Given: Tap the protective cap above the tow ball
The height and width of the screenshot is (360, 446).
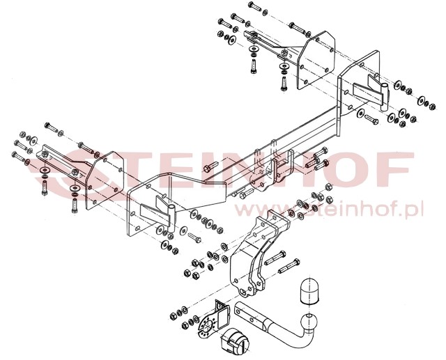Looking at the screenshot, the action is [x=309, y=291].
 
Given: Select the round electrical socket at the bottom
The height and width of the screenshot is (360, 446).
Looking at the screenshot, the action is [x=235, y=341].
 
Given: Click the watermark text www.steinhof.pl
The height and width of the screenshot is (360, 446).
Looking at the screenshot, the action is [x=328, y=210].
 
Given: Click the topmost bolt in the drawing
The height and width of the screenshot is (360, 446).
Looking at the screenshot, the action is [x=254, y=6].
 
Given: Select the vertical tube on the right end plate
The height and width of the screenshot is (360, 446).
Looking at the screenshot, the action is [x=384, y=97].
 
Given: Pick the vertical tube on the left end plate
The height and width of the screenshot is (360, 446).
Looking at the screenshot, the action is [x=172, y=218].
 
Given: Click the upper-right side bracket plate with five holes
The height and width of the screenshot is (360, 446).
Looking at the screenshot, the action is [x=316, y=61].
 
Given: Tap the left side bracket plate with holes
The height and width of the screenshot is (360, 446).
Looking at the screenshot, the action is [x=105, y=180].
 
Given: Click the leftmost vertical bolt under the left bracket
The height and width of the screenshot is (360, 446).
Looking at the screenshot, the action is [x=44, y=188].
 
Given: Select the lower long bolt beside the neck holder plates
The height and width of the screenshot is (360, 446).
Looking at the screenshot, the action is [x=289, y=266].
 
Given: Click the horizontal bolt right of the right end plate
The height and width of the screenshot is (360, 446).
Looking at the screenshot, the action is [x=371, y=119].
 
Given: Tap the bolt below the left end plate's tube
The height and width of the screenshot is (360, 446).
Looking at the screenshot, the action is [x=194, y=237].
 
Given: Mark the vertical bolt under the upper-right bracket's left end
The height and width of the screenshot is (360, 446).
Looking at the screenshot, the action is [x=254, y=66].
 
